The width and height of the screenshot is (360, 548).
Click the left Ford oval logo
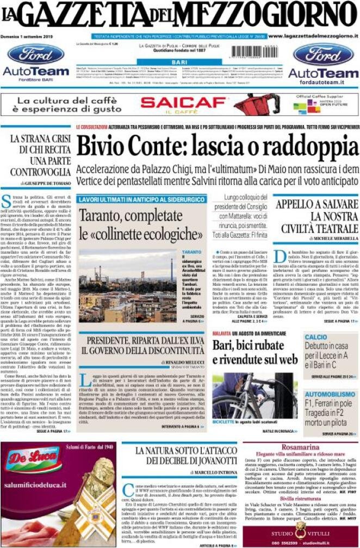click(36, 54)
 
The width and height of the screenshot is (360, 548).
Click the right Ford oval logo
click(323, 54)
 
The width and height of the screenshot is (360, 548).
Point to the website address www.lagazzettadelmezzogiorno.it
click(313, 36)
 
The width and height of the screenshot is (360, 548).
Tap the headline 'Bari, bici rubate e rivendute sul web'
click(255, 352)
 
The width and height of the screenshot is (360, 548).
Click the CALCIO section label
click(316, 337)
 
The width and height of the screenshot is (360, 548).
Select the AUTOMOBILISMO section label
click(330, 394)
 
